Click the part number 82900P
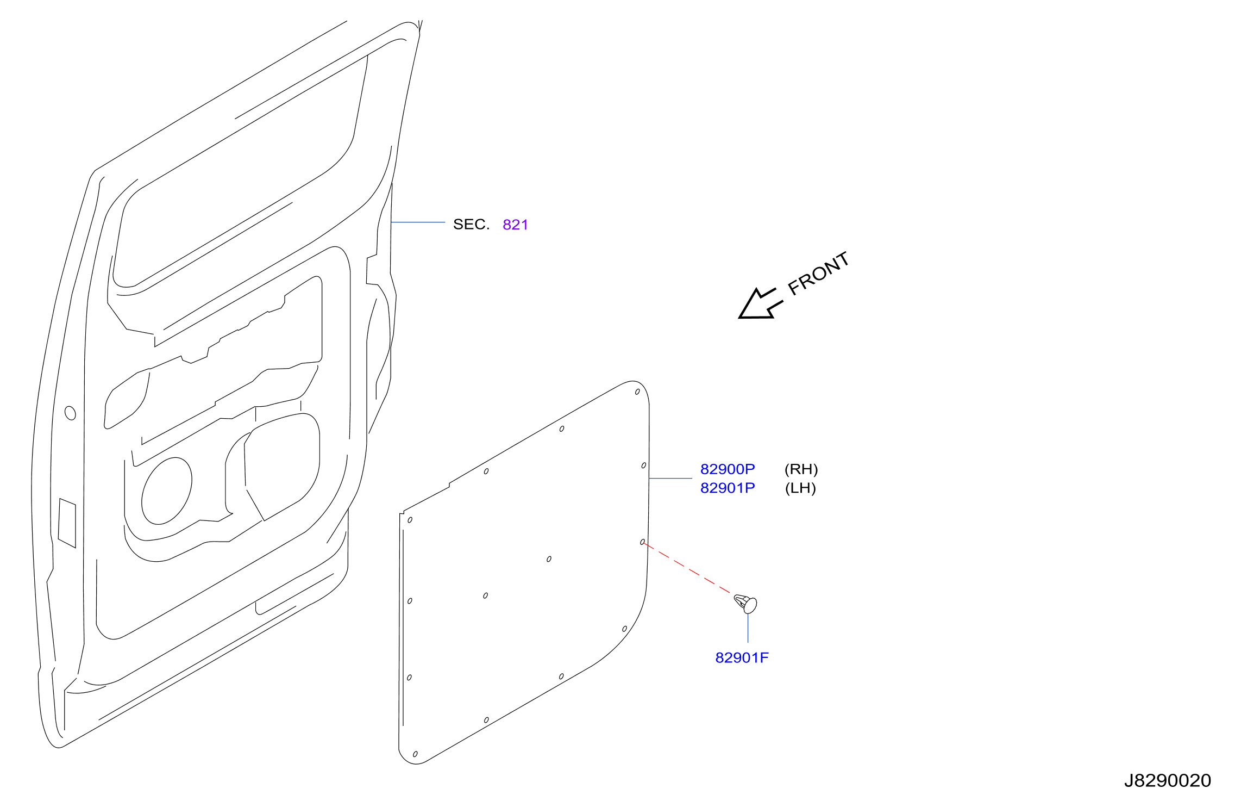point(728,469)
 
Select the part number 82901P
point(728,488)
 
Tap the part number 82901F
point(742,658)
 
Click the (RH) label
point(801,469)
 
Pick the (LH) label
point(801,488)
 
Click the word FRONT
point(819,274)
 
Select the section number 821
point(515,225)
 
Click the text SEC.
point(471,225)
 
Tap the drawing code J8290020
point(1168,781)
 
